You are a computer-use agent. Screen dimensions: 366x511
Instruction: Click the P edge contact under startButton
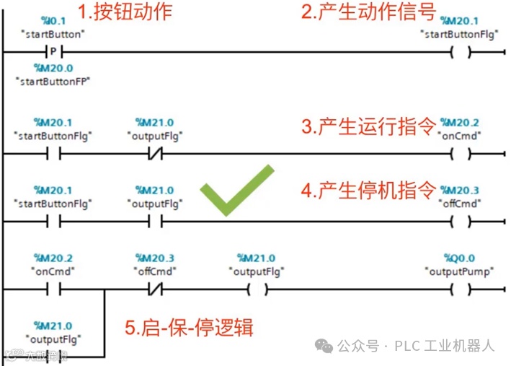pyautogui.click(x=53, y=52)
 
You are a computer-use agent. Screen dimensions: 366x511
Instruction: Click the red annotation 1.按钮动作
pyautogui.click(x=126, y=12)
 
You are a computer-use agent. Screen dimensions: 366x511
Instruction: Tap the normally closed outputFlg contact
pyautogui.click(x=155, y=153)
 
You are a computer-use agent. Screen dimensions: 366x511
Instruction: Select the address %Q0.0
pyautogui.click(x=459, y=258)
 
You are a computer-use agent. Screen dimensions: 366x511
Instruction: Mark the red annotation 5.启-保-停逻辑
pyautogui.click(x=188, y=328)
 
